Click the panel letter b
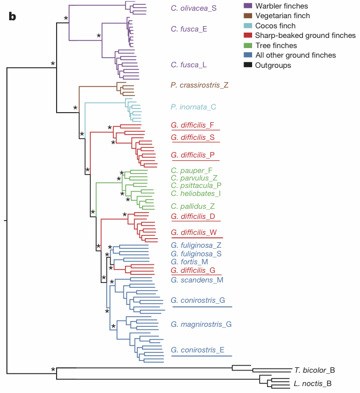(x=12, y=17)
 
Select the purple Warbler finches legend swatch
(x=248, y=6)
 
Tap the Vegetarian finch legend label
(x=284, y=16)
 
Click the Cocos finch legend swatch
(x=248, y=26)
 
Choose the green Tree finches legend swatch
(x=248, y=45)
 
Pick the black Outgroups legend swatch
(x=248, y=65)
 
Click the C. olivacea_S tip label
(x=194, y=9)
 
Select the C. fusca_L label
(x=189, y=65)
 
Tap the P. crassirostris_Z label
(x=199, y=85)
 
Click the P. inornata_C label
(x=193, y=107)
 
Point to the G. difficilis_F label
(x=192, y=125)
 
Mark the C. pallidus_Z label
(x=193, y=206)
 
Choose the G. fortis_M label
(x=189, y=262)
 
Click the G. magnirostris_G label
(x=201, y=324)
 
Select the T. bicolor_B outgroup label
(x=314, y=370)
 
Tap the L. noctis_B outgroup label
(x=312, y=383)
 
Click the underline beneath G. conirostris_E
(x=201, y=356)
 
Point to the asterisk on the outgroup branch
(x=53, y=370)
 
